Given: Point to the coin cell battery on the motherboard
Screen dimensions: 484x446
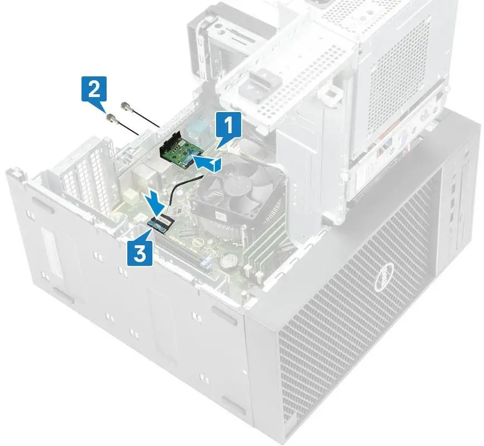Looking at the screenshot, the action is click(x=228, y=259).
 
